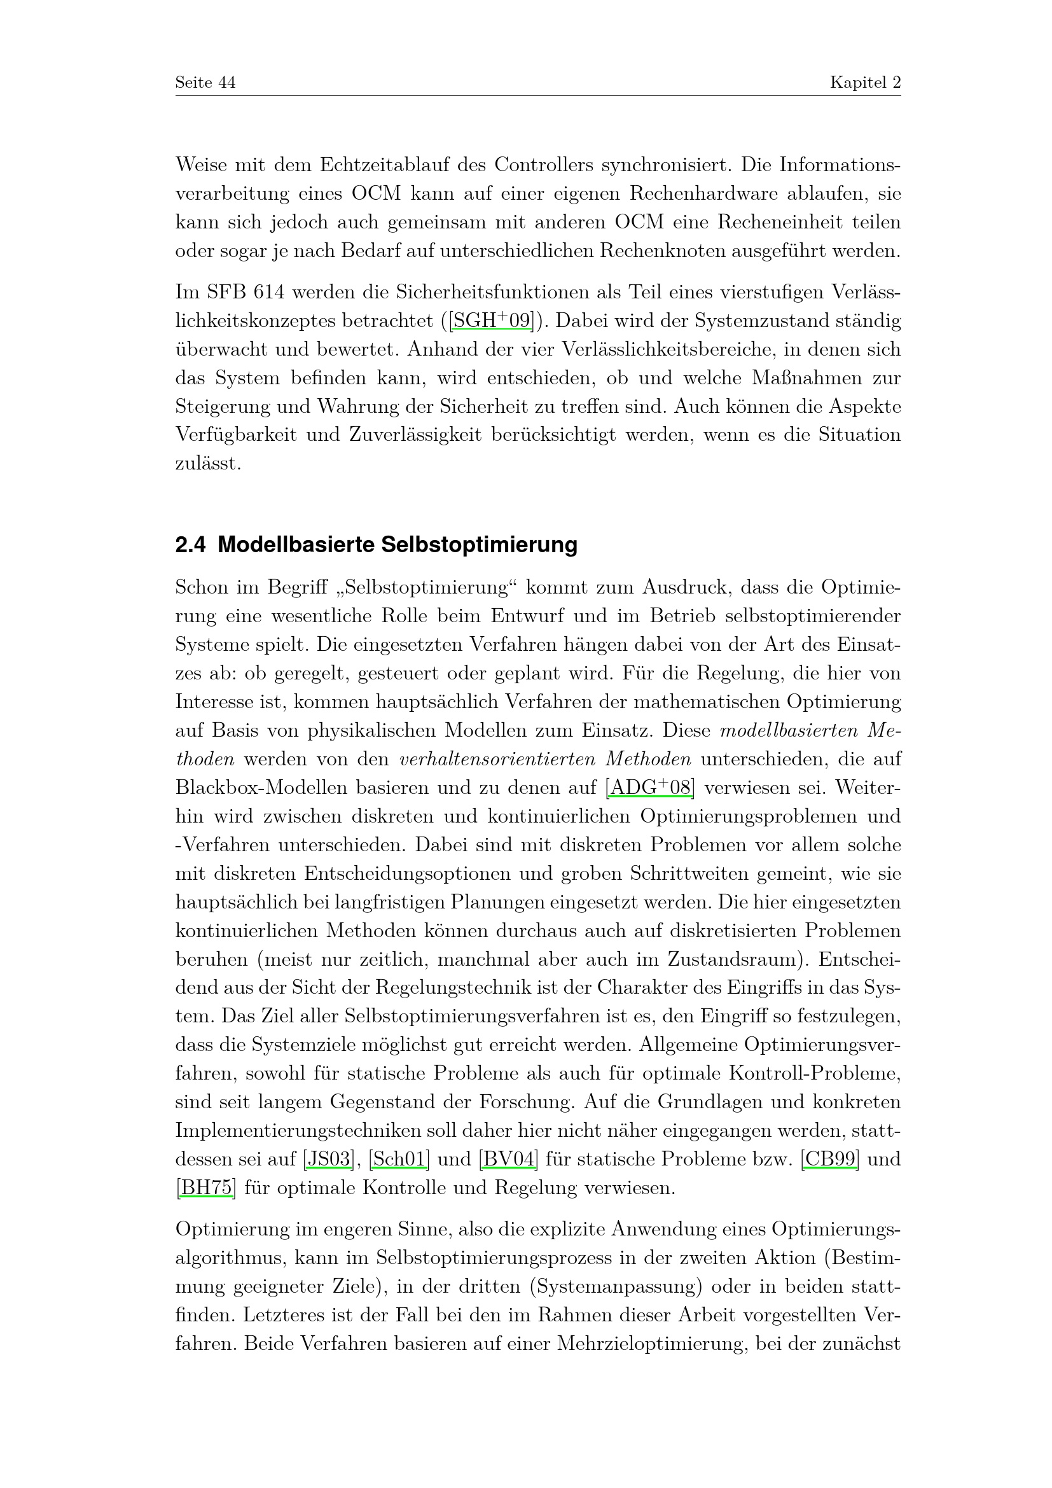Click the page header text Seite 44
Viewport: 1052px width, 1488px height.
(x=205, y=83)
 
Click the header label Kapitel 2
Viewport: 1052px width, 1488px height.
(x=865, y=83)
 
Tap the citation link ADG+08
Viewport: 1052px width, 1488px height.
(x=651, y=788)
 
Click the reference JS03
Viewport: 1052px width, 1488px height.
(x=328, y=1158)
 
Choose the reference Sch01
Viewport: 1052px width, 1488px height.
(x=399, y=1158)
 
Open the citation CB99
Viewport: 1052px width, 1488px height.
(x=830, y=1158)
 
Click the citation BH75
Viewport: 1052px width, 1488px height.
(x=207, y=1187)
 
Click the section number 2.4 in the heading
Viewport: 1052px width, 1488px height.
(x=190, y=546)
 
